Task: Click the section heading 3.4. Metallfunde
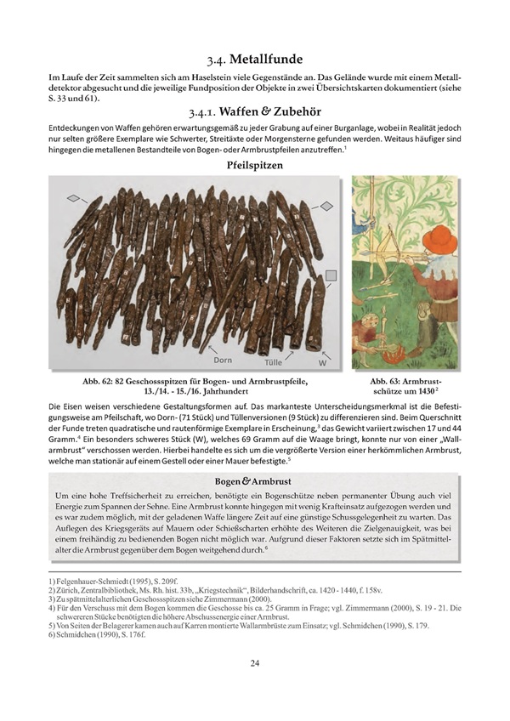[x=255, y=60]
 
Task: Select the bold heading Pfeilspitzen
[x=255, y=166]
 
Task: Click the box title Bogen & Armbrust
[x=255, y=482]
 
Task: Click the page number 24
[x=255, y=687]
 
